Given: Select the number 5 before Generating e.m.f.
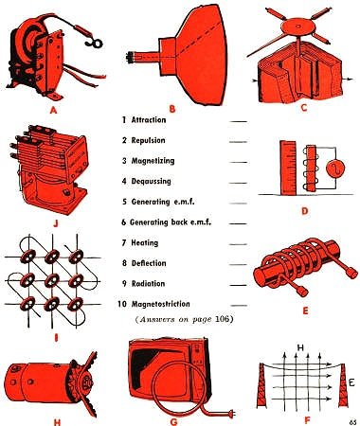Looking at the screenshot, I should click(124, 202).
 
